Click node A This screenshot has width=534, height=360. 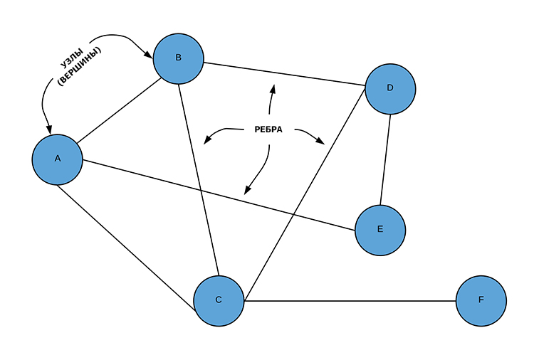click(x=58, y=159)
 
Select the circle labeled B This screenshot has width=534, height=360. click(x=178, y=58)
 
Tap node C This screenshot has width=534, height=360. click(x=219, y=300)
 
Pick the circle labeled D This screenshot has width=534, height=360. click(x=389, y=89)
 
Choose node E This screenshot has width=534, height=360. click(x=379, y=230)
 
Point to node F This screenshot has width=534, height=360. click(x=481, y=300)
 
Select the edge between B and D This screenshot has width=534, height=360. click(x=285, y=75)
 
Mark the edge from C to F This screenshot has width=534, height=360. click(x=349, y=300)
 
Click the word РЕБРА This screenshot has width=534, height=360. click(x=268, y=130)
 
